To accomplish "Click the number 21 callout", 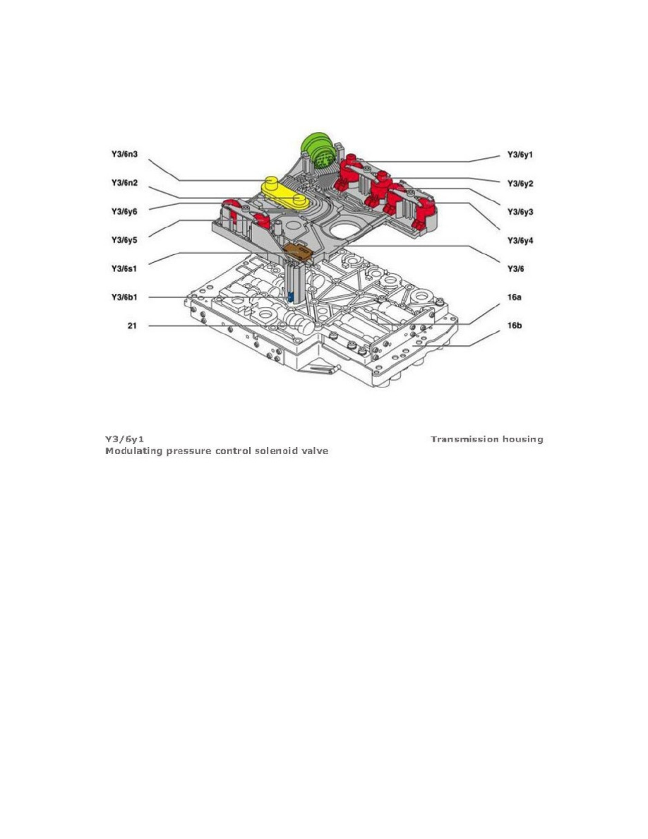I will point(123,326).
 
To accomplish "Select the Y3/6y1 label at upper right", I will point(520,155).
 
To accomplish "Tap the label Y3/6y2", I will point(520,184).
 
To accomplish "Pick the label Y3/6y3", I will point(520,212).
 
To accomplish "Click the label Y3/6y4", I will point(520,241).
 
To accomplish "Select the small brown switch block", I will point(297,251).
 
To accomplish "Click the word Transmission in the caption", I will point(462,439).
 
